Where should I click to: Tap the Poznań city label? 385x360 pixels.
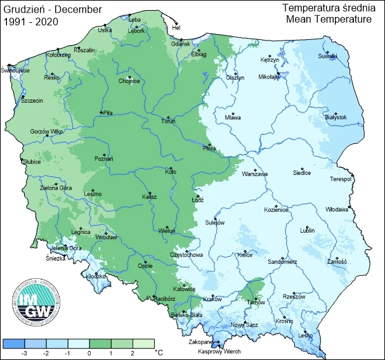click(x=103, y=159)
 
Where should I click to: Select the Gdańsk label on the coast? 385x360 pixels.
click(x=181, y=44)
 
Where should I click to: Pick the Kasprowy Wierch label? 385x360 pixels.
click(x=219, y=352)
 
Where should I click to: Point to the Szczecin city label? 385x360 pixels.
click(x=32, y=100)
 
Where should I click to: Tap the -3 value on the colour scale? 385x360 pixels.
click(x=23, y=352)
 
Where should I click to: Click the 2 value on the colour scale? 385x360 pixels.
click(x=132, y=352)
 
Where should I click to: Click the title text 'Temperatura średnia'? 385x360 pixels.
click(x=327, y=8)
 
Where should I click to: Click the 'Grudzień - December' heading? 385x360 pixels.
click(x=48, y=9)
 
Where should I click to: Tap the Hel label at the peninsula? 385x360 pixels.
click(x=177, y=28)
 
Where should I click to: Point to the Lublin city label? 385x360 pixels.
click(x=307, y=231)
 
